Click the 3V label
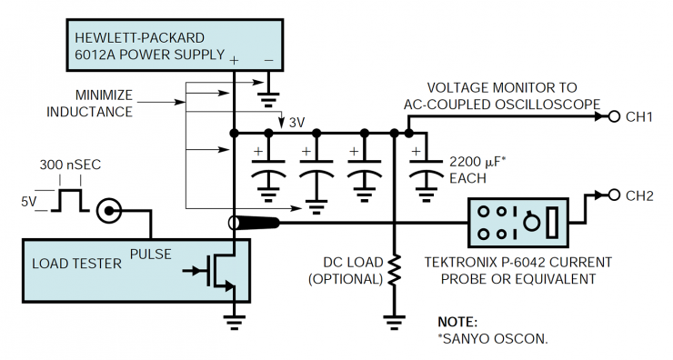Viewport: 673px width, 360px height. click(298, 122)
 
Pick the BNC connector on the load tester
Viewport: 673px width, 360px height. click(111, 213)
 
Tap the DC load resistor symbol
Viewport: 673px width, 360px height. click(394, 268)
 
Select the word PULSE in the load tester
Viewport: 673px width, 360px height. click(150, 253)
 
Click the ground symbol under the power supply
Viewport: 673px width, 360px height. click(269, 88)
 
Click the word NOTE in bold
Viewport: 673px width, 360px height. click(457, 322)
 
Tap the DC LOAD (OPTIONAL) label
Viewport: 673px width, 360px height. click(343, 270)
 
